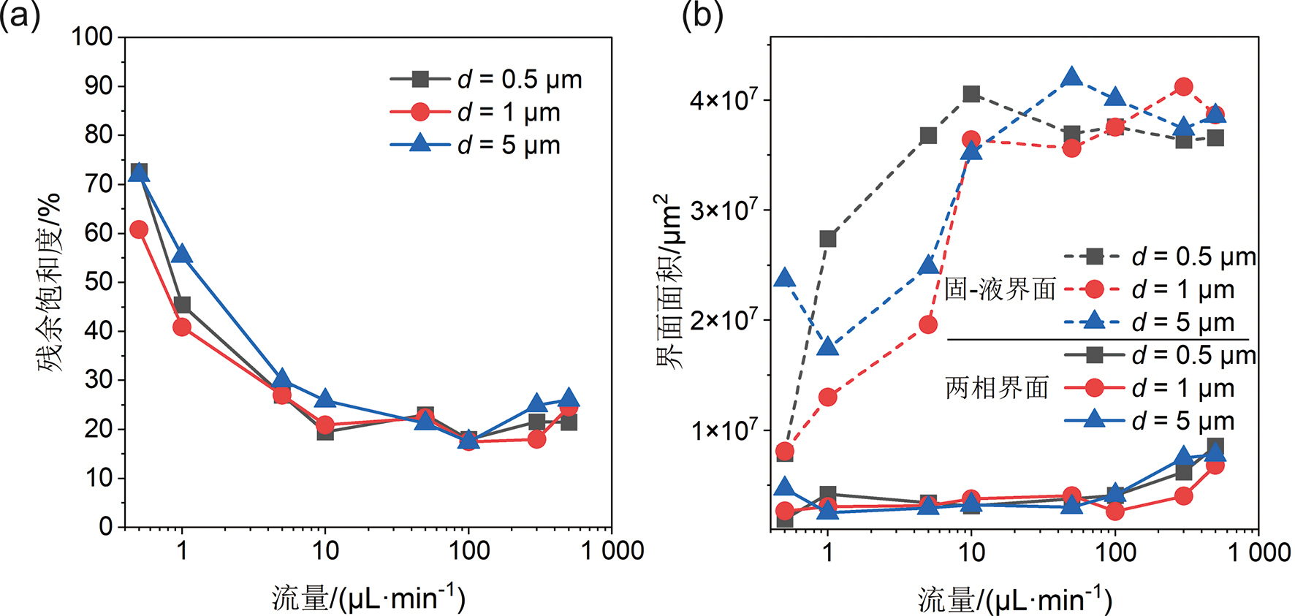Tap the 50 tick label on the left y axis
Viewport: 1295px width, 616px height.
point(99,282)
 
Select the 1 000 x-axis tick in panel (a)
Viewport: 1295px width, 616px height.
point(612,550)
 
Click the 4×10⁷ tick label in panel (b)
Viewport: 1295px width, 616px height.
point(724,99)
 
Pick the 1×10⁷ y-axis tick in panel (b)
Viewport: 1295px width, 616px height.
point(724,430)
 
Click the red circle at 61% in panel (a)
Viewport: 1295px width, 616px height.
point(139,229)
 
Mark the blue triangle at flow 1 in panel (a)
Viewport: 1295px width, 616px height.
point(182,254)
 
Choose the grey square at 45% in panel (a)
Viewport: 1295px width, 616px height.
point(182,305)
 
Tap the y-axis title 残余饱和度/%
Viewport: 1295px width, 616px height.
point(50,282)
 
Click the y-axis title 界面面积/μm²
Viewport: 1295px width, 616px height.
point(668,282)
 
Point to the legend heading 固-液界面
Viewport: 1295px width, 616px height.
point(1000,289)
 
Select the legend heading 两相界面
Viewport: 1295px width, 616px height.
point(997,388)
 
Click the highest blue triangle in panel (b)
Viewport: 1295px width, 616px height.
point(1071,76)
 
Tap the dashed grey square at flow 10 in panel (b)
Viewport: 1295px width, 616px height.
point(971,94)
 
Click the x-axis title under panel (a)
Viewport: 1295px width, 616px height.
point(368,598)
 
